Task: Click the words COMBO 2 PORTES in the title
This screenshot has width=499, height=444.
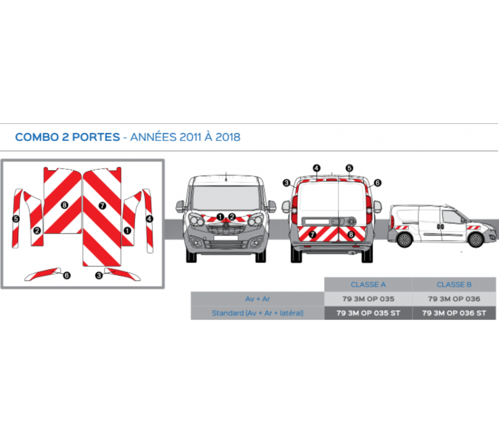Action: click(67, 137)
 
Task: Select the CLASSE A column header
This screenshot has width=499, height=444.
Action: click(368, 285)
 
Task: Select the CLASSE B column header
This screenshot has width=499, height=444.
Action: click(454, 285)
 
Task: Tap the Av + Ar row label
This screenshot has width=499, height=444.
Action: click(257, 299)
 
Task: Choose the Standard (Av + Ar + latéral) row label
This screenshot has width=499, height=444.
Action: click(257, 313)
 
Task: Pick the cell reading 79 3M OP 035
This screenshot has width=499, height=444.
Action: click(368, 299)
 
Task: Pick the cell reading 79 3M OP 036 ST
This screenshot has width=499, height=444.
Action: click(454, 313)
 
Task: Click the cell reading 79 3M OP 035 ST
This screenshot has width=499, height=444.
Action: click(368, 313)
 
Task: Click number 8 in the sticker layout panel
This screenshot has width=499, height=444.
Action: click(64, 205)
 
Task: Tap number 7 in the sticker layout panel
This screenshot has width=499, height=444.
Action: click(102, 205)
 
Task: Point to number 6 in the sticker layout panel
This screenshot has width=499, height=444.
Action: click(67, 275)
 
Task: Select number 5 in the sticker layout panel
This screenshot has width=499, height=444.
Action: click(16, 219)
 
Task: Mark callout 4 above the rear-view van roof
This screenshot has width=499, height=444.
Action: click(317, 168)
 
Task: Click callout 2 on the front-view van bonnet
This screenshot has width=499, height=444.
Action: click(232, 216)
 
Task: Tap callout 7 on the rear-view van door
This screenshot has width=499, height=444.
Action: click(312, 235)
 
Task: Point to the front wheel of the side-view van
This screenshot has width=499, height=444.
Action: click(475, 240)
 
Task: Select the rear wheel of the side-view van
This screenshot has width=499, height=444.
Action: click(405, 240)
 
